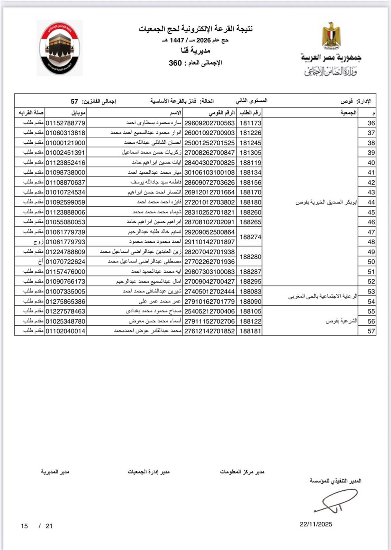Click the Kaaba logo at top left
pyautogui.click(x=60, y=48)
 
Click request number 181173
pyautogui.click(x=250, y=123)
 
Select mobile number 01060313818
pyautogui.click(x=66, y=133)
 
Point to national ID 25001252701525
pyautogui.click(x=209, y=143)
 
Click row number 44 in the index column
pyautogui.click(x=371, y=202)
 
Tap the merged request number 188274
pyautogui.click(x=250, y=237)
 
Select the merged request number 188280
pyautogui.click(x=250, y=257)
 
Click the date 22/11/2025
pyautogui.click(x=316, y=524)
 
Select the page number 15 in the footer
pyautogui.click(x=24, y=526)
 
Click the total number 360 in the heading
pyautogui.click(x=175, y=63)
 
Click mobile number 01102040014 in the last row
pyautogui.click(x=66, y=331)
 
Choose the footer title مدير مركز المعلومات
pyautogui.click(x=242, y=471)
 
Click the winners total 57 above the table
pyautogui.click(x=74, y=101)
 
